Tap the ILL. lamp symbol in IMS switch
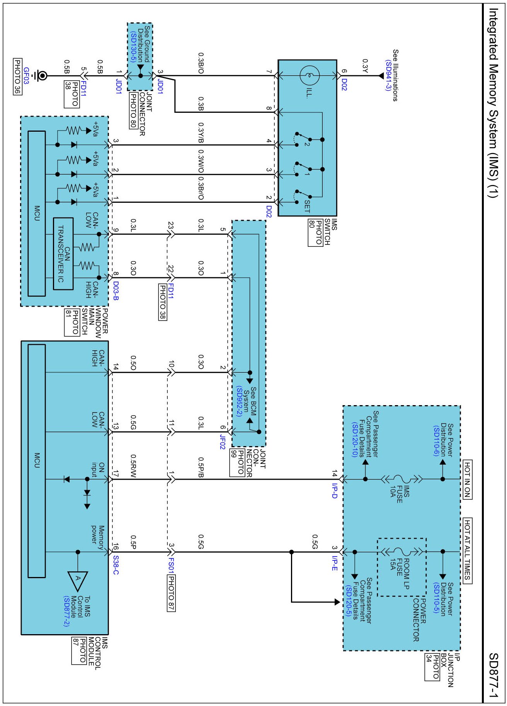click(x=310, y=76)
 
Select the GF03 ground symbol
click(x=40, y=76)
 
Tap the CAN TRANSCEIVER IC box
click(x=63, y=254)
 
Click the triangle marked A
click(x=78, y=580)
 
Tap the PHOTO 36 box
click(x=17, y=76)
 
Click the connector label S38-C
click(x=116, y=565)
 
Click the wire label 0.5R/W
click(x=133, y=466)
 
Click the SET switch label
click(x=307, y=206)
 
